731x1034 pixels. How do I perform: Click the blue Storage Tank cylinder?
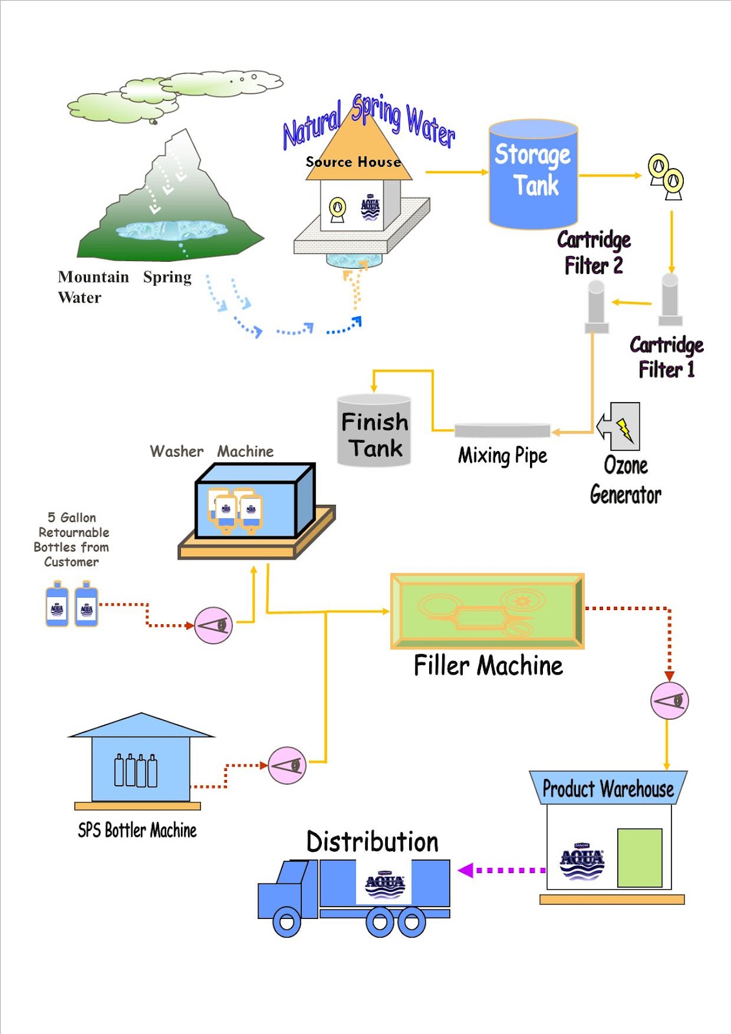[533, 174]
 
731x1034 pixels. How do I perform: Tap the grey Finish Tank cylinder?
[374, 432]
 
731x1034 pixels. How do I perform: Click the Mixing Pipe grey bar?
[502, 430]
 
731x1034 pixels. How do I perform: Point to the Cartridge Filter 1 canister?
[670, 299]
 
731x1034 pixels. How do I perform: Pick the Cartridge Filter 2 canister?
[597, 308]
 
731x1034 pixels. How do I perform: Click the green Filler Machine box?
[487, 611]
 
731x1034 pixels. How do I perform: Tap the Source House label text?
[353, 162]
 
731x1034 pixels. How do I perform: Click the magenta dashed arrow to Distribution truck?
[501, 870]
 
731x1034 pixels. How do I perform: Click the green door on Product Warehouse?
[639, 858]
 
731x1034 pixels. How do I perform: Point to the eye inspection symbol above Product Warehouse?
[669, 701]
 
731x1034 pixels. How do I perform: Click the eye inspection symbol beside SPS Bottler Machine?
[286, 765]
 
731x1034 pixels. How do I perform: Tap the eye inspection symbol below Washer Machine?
[213, 625]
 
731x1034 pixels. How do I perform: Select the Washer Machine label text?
[212, 451]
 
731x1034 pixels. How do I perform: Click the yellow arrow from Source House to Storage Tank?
[456, 172]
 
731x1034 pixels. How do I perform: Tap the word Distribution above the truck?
[372, 841]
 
